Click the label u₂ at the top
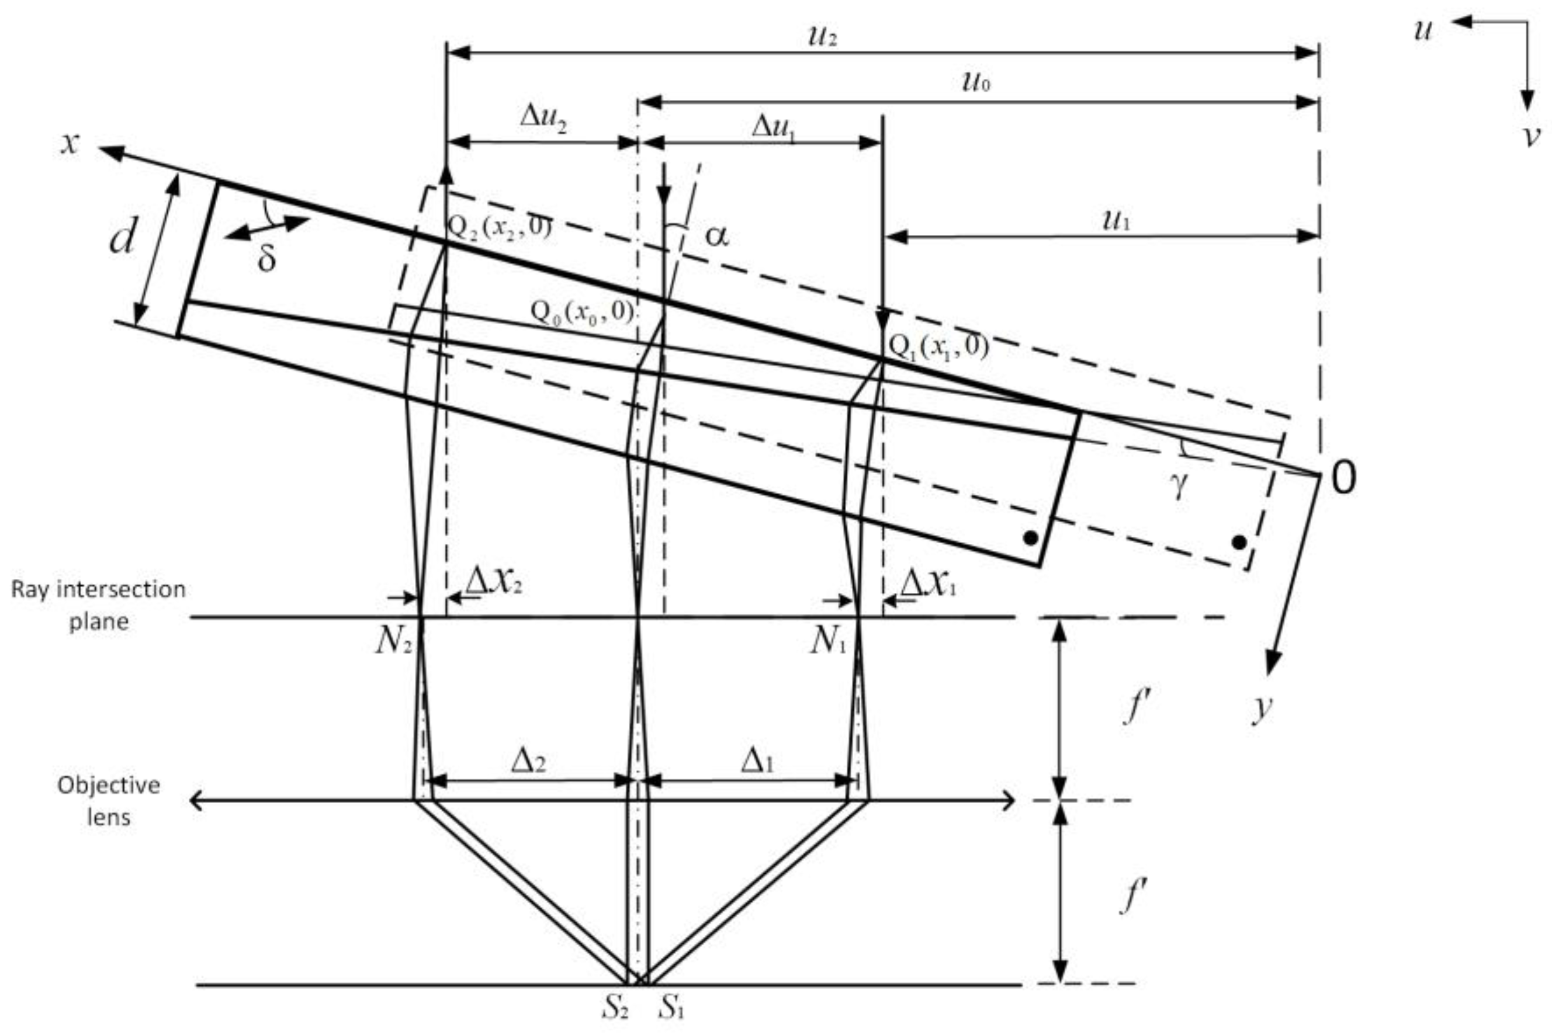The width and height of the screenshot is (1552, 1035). (x=823, y=36)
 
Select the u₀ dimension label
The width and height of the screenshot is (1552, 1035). (x=976, y=82)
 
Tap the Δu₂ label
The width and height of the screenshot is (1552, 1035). (x=543, y=117)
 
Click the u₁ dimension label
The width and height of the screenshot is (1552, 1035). (x=1117, y=220)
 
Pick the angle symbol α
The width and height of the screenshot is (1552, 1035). (x=717, y=235)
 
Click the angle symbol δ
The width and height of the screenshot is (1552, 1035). (x=266, y=259)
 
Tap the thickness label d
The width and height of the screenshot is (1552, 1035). (x=123, y=237)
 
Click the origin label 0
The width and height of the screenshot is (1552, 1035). (x=1343, y=477)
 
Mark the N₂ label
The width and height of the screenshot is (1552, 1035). (x=394, y=641)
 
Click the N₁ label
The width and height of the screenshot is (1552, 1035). (x=828, y=641)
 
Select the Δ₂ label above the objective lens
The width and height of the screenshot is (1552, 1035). (x=528, y=762)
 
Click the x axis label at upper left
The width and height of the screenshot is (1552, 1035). (x=70, y=142)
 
